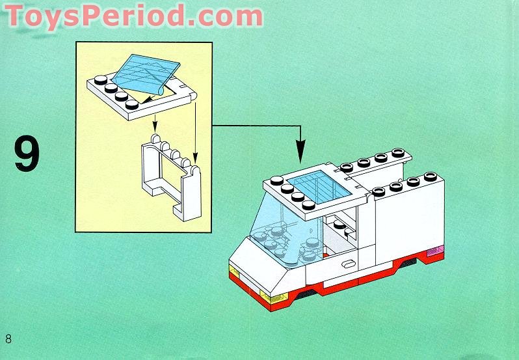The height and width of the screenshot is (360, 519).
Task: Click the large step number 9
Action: click(27, 154)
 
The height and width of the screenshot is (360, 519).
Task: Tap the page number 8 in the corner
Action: click(8, 339)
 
